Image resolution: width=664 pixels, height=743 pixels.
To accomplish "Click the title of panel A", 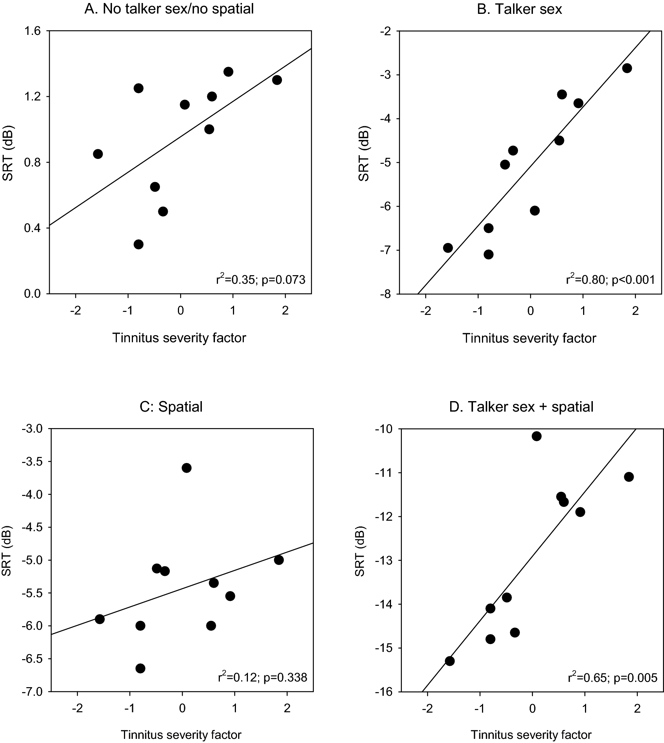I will [169, 9].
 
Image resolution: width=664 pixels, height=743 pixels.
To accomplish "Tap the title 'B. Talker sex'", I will [519, 9].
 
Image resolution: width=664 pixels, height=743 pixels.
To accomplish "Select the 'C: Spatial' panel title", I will [171, 406].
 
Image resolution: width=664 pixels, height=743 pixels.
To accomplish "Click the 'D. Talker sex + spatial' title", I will [521, 406].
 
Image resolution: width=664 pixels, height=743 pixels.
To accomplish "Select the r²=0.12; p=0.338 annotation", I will [262, 677].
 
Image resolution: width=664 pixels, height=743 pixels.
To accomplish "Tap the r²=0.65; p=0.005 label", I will [612, 677].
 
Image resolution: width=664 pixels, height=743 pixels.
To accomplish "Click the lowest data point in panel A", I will [139, 244].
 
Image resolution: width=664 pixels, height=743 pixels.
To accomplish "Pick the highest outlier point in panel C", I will [187, 468].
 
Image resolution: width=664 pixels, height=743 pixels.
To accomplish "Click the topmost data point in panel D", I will [536, 436].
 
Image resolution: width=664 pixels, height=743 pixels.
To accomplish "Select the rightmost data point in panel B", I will [627, 68].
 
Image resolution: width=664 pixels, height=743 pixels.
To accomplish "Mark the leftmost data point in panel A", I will [98, 154].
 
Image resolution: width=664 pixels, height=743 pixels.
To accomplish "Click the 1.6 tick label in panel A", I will [33, 31].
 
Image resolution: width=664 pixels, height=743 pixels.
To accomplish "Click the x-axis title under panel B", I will [529, 338].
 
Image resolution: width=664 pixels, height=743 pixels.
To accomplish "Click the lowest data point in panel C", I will [140, 668].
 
